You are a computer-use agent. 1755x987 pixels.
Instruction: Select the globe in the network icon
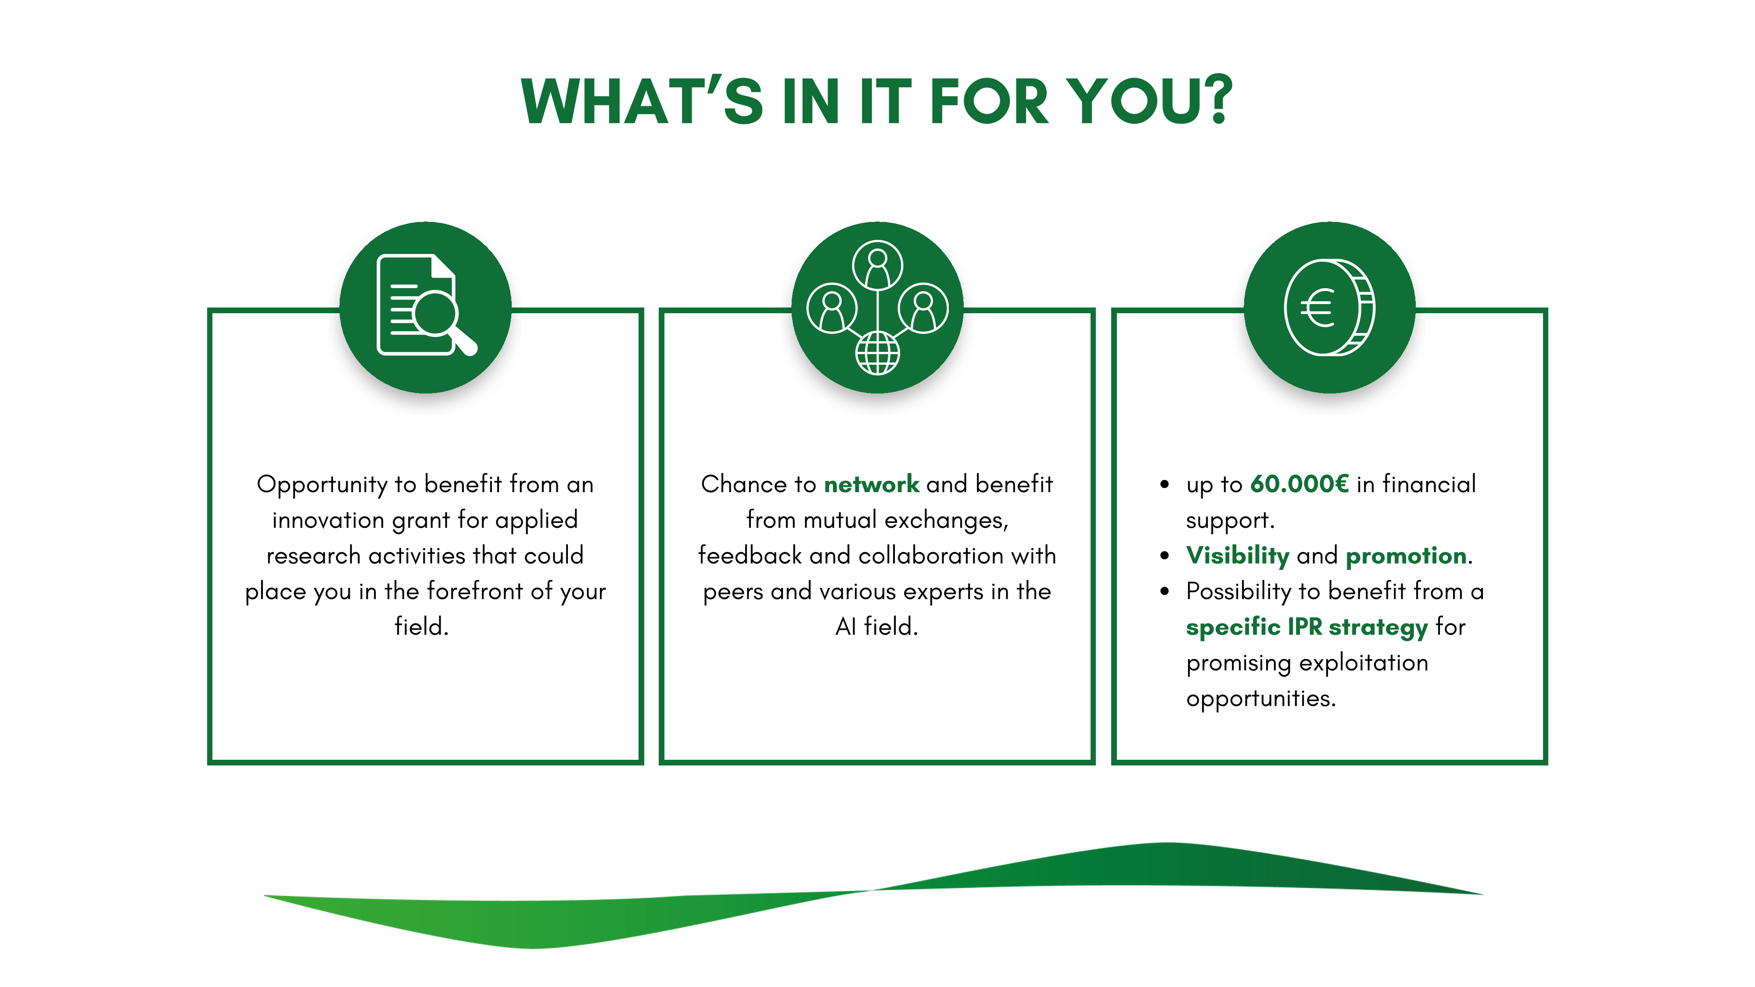[878, 353]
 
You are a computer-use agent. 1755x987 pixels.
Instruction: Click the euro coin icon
[1329, 307]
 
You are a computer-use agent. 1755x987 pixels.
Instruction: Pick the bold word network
[872, 484]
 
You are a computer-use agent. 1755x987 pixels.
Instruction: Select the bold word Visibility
[1237, 556]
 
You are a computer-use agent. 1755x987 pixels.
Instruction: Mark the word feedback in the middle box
[750, 555]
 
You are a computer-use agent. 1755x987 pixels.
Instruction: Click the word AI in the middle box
[846, 627]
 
